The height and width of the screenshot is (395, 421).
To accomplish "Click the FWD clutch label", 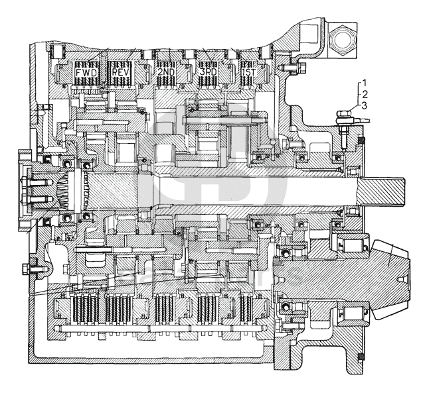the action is pyautogui.click(x=86, y=72).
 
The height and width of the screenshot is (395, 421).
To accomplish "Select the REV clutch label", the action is pyautogui.click(x=121, y=72).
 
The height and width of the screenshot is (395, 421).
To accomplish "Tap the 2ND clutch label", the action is pyautogui.click(x=166, y=72).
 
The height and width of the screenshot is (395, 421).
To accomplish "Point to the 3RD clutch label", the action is pyautogui.click(x=208, y=72).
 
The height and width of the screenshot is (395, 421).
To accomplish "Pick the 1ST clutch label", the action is pyautogui.click(x=249, y=72).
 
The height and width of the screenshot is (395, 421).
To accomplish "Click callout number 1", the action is pyautogui.click(x=364, y=83).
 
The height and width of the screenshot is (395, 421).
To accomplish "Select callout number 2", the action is pyautogui.click(x=365, y=94).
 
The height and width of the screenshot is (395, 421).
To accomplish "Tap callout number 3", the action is pyautogui.click(x=365, y=105).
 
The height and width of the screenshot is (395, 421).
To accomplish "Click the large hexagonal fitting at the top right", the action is pyautogui.click(x=341, y=39).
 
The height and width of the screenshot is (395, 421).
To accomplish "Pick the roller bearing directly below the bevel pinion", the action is pyautogui.click(x=353, y=313).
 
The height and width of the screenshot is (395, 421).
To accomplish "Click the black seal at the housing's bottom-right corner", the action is pyautogui.click(x=361, y=357).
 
